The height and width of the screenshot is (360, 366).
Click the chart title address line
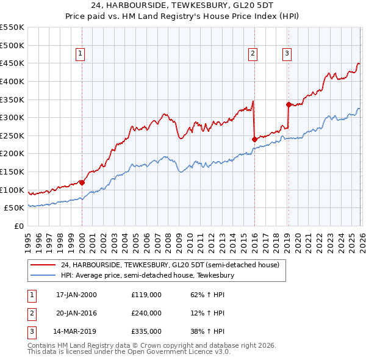point(183,6)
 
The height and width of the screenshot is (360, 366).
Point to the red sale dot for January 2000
point(82,182)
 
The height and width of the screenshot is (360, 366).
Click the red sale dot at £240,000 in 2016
point(254,139)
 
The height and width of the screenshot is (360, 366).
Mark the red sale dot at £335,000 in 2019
point(288,104)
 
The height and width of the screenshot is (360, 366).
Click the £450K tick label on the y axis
point(12,63)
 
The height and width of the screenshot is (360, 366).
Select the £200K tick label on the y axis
point(12,154)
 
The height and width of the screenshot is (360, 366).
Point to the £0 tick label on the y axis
point(19,226)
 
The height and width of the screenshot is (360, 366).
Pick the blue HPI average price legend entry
point(147,275)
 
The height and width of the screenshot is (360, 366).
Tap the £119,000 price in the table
point(146,295)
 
